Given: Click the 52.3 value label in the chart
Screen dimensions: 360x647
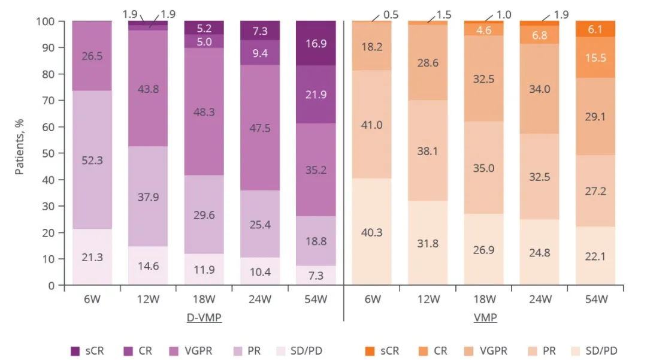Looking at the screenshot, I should tap(92, 160).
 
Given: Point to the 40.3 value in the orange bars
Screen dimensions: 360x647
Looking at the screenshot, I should tap(371, 232).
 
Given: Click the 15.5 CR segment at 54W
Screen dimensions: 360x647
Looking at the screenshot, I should tap(596, 58).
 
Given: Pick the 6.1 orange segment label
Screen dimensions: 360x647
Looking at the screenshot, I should tap(596, 29).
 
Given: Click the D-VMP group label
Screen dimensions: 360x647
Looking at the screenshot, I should tap(204, 318).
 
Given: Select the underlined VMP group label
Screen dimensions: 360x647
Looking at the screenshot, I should tap(485, 318).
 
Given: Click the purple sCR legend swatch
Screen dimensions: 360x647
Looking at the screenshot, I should tap(75, 351).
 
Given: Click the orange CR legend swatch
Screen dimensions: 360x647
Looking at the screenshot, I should tap(426, 351).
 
